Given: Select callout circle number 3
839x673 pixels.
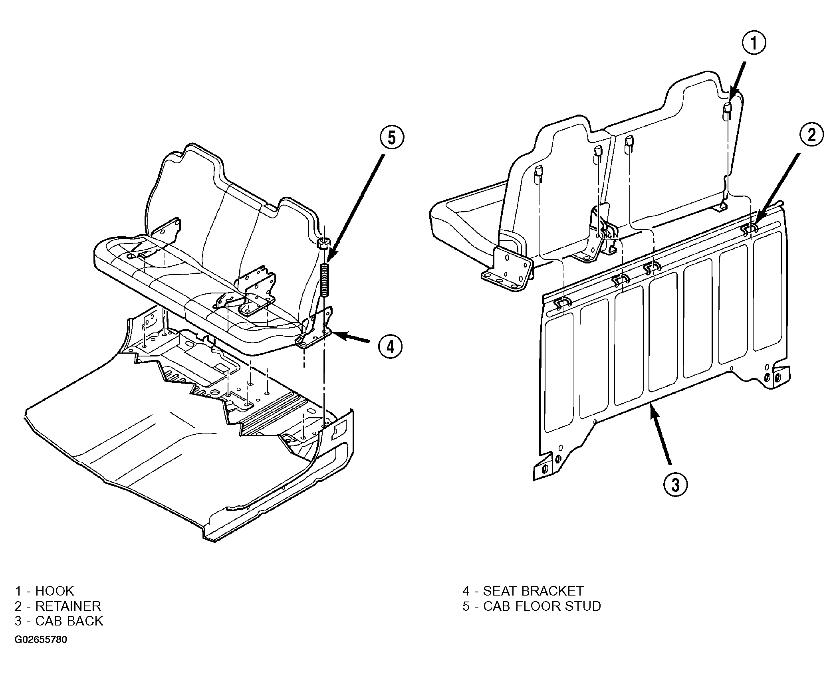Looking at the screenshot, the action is point(675,485).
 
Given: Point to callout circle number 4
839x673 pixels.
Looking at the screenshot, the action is point(390,346).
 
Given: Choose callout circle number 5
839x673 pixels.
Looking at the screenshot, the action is point(391,137).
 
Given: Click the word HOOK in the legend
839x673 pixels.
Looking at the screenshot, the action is point(55,591).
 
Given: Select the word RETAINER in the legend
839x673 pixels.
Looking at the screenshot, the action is point(68,606).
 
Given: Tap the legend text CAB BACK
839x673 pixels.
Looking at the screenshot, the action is point(69,621).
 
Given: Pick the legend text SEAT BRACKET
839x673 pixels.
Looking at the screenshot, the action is point(533,591).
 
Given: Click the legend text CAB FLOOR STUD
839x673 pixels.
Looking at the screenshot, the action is point(542,606).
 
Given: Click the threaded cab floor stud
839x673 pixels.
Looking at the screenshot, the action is point(325,279).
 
